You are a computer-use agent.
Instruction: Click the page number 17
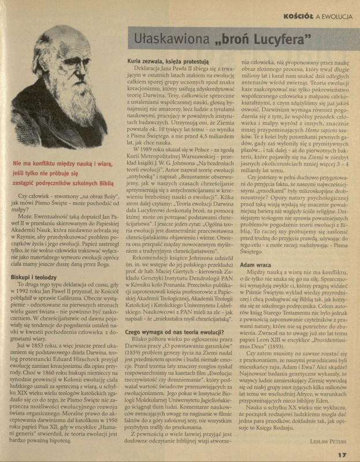click(343, 454)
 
